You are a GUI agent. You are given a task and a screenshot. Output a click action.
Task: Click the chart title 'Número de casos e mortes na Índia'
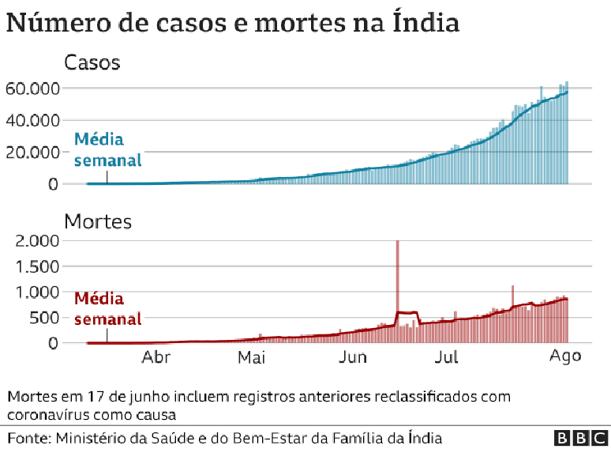(232, 22)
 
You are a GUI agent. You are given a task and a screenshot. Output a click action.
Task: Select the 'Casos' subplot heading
(92, 62)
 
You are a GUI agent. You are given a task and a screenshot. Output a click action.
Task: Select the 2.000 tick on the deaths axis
(36, 240)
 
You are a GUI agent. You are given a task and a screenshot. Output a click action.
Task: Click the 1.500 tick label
(36, 266)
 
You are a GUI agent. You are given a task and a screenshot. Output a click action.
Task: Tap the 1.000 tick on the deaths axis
(36, 292)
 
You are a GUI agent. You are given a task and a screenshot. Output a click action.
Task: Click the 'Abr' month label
(156, 357)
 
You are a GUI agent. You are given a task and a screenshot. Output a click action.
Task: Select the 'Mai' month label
(250, 357)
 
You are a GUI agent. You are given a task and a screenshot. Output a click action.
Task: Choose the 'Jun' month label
(352, 357)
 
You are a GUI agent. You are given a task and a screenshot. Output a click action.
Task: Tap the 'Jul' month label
(447, 357)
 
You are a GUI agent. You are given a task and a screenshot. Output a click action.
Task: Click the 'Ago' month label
(565, 357)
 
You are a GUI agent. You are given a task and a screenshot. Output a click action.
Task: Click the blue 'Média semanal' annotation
(107, 150)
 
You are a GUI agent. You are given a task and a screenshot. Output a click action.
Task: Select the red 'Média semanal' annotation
(107, 309)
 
